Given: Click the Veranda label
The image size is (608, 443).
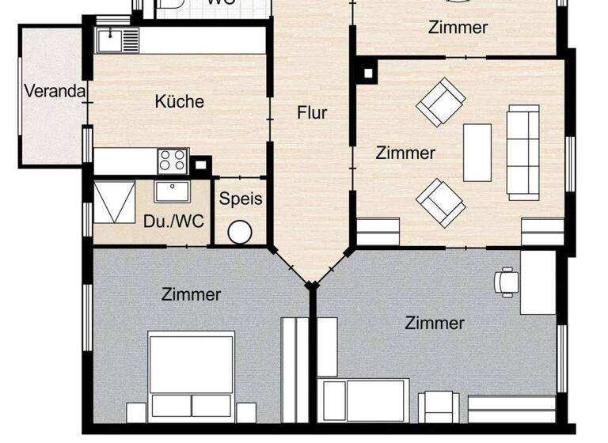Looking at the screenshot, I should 55,91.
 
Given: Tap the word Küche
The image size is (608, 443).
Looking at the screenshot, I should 179,101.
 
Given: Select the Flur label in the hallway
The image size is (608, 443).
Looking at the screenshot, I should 312,112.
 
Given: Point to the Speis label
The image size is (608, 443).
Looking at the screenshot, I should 241,199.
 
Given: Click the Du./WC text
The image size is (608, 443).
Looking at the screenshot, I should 174,221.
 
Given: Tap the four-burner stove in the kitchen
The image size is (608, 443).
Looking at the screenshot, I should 173,161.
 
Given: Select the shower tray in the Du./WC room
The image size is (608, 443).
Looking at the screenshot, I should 114,203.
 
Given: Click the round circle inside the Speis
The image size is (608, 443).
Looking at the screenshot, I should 240,233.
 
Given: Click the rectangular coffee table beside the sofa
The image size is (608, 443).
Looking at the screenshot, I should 477,152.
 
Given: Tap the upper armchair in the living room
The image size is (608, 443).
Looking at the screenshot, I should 441,101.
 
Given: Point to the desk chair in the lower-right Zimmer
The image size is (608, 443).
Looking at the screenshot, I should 505,281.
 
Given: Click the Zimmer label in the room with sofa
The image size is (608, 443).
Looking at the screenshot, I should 405,153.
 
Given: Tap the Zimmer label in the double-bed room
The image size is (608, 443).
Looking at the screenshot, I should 191,295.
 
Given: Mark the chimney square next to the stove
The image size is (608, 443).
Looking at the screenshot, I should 203,165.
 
